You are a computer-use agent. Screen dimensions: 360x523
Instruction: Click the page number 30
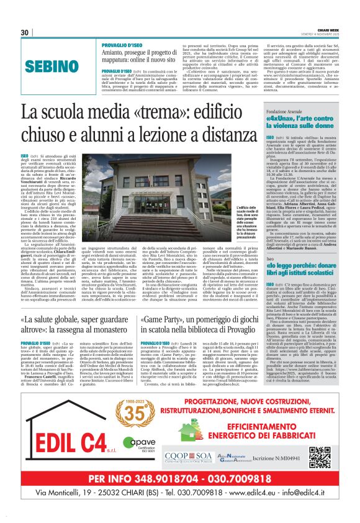pyautogui.click(x=25, y=32)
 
